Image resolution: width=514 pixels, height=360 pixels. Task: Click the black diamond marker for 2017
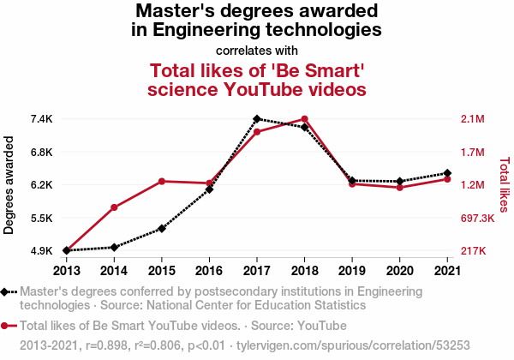[257, 118]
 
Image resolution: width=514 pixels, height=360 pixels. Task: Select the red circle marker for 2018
[304, 118]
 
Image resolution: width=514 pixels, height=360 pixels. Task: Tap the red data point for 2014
[114, 207]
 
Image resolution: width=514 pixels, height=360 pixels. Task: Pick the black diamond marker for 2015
[162, 229]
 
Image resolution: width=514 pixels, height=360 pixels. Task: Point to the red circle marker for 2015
[162, 182]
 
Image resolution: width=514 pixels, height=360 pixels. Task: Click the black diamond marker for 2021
[447, 173]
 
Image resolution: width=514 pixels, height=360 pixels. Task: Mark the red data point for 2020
[399, 188]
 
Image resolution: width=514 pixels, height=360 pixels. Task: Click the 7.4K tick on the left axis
[42, 119]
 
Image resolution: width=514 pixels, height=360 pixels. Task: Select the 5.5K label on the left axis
[42, 218]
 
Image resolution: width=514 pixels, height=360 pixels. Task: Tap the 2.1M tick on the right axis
[473, 119]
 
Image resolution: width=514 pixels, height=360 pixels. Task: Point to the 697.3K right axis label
[477, 218]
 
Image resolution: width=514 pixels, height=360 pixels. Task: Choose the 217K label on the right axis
[474, 251]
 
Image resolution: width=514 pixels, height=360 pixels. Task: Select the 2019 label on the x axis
[352, 271]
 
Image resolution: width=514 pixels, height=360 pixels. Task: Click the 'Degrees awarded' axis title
[9, 185]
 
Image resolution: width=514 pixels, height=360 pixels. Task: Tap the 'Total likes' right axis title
[505, 185]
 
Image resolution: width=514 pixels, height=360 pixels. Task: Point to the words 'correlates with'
[257, 51]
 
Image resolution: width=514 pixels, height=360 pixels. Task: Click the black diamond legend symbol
[4, 291]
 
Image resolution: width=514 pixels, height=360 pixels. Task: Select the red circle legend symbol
[4, 326]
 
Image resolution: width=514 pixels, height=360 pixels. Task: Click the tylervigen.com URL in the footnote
[353, 345]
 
